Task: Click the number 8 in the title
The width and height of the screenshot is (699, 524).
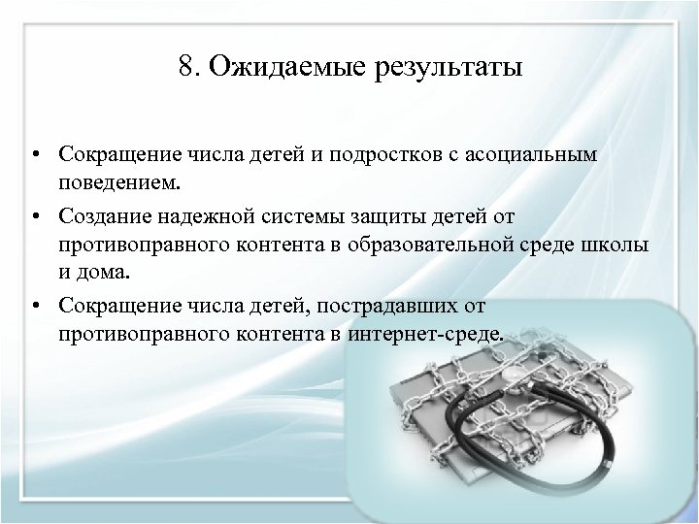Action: (186, 69)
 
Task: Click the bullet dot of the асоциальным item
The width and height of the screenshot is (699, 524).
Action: (33, 156)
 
